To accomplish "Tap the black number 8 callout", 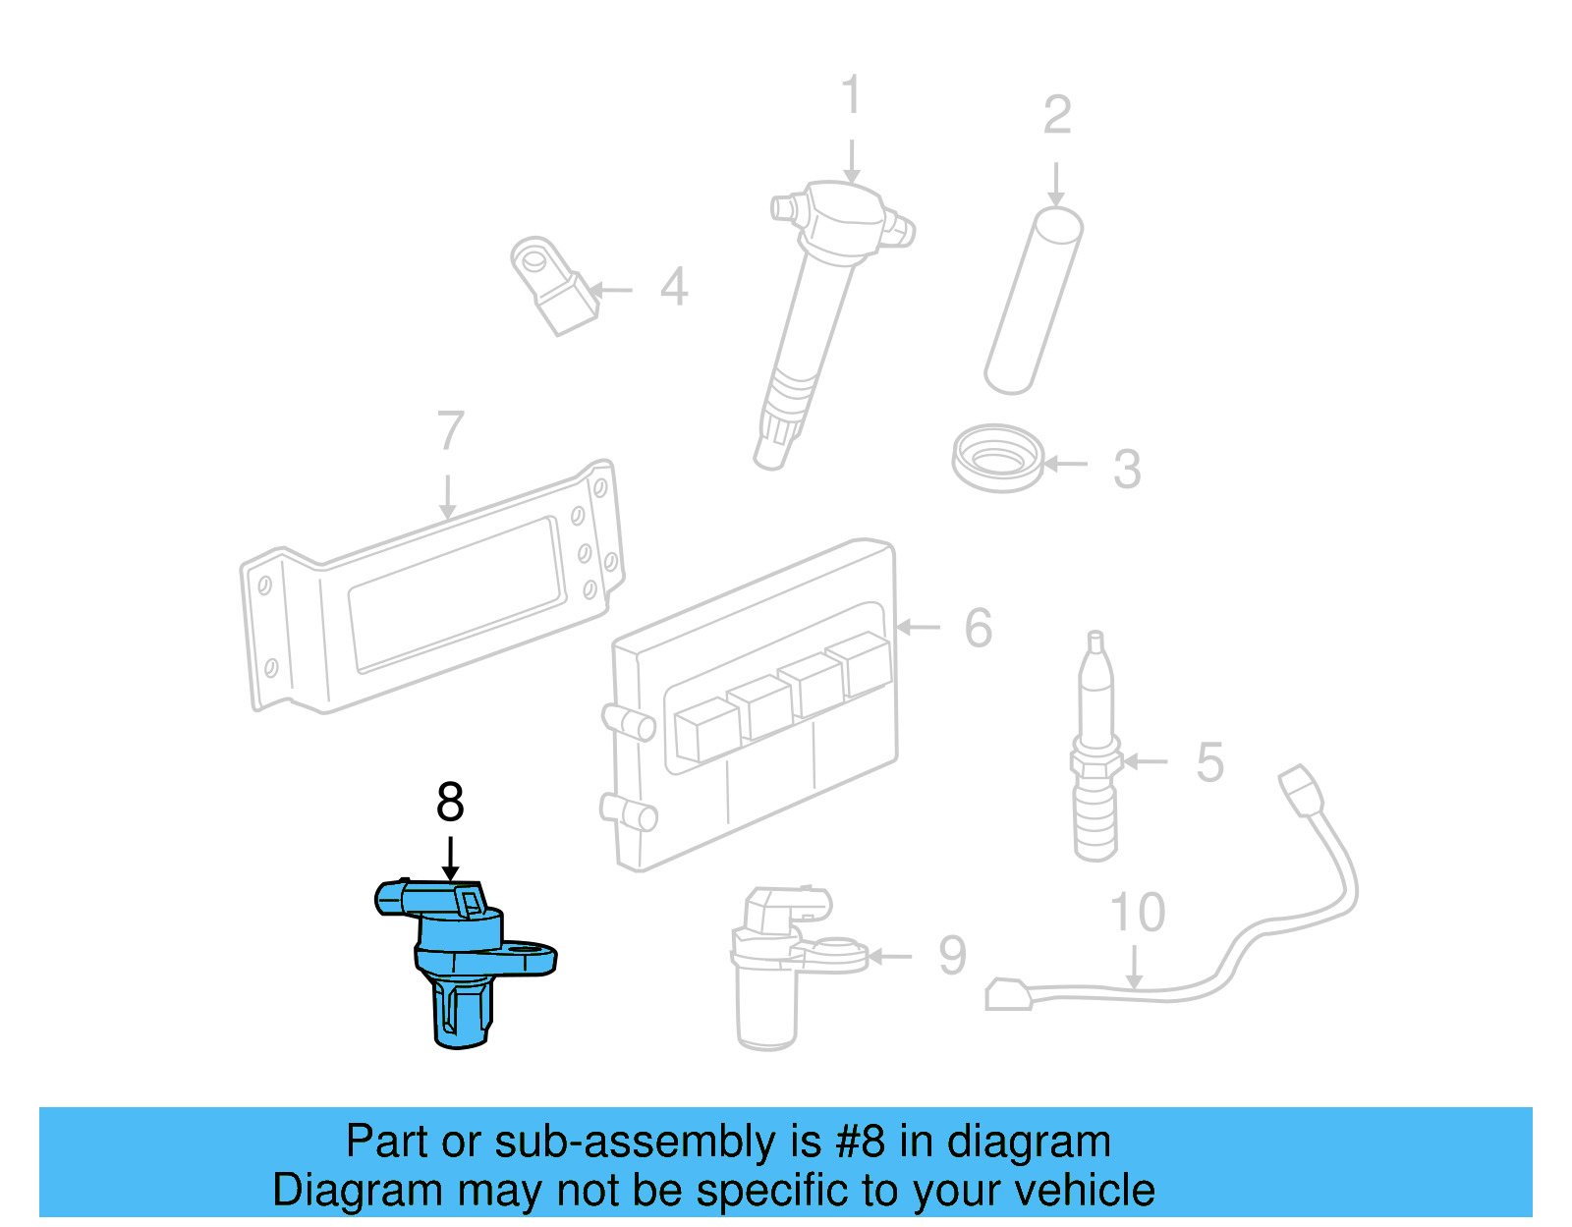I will [x=450, y=803].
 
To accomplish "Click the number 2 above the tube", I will [x=1057, y=115].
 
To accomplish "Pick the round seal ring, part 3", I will [x=997, y=458].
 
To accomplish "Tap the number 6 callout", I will [x=978, y=628].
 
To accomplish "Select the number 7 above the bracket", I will [x=450, y=430].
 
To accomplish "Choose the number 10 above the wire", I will [x=1137, y=913].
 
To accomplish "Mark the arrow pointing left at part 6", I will [x=919, y=627].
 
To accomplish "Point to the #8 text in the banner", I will [x=860, y=1142].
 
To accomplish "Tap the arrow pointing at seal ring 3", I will [x=1065, y=464].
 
